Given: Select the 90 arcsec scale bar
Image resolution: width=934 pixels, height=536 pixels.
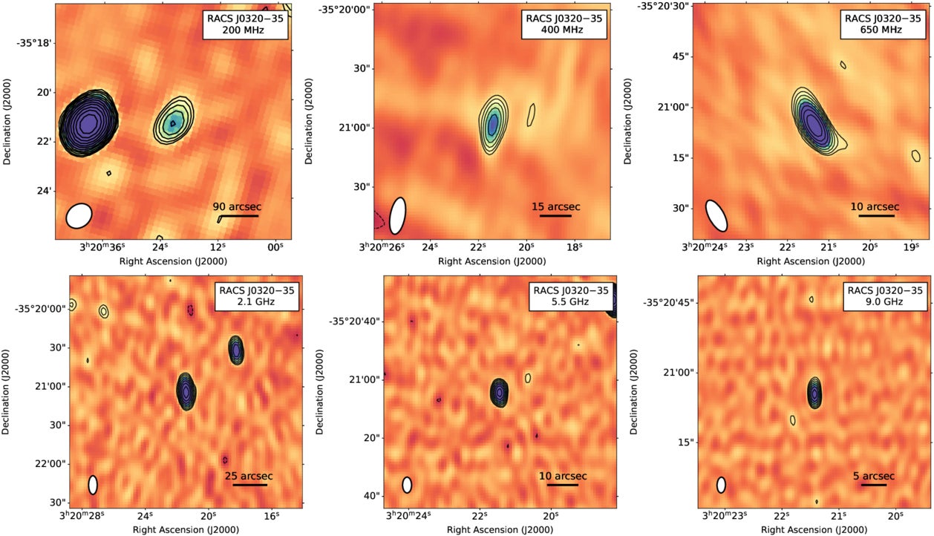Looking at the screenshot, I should tap(238, 216).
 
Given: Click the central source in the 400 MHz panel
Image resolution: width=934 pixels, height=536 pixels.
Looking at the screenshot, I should tap(493, 123).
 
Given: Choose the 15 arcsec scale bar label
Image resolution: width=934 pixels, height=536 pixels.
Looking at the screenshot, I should tap(556, 206).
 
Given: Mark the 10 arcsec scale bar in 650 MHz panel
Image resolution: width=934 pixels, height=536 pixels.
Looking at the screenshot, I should tap(876, 216).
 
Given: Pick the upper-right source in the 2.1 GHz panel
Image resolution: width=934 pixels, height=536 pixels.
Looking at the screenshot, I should tap(236, 349).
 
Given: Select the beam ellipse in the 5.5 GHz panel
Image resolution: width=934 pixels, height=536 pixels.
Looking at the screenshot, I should tap(407, 485).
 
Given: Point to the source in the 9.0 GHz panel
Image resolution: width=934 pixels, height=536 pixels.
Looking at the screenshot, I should tap(816, 393).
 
